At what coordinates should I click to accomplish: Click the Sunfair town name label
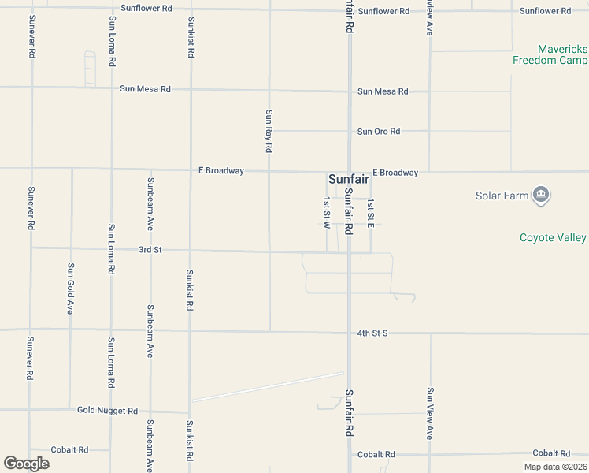coord(349,180)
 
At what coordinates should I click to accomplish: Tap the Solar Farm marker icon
coord(541,195)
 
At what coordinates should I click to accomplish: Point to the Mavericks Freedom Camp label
coord(550,54)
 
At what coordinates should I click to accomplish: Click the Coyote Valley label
coord(553,237)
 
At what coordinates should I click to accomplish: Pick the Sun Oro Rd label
coord(379,132)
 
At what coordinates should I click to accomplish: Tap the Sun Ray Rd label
coord(269,131)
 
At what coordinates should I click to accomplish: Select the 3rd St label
coord(150,250)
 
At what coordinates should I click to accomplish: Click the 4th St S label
coord(372,333)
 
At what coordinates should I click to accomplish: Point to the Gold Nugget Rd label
coord(107,411)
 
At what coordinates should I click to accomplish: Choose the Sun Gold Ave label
coord(70,289)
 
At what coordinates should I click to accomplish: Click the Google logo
coord(26,464)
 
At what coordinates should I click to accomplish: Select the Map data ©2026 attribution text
coord(555,467)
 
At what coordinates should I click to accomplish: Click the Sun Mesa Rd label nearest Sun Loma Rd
coord(145,89)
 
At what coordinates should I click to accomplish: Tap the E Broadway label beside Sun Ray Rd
coord(220,170)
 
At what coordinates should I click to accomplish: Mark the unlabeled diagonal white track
coord(268,386)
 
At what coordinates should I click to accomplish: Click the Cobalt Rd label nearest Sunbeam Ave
coord(69,449)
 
